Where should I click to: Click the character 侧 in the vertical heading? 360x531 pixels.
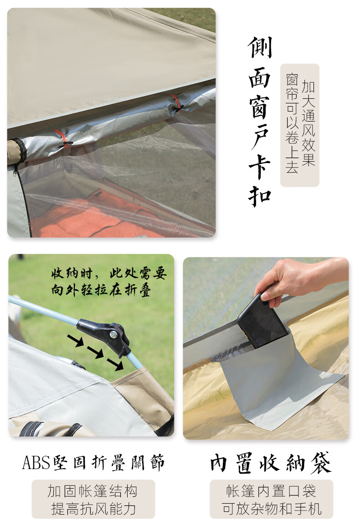260,47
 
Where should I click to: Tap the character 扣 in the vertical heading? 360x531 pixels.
260,195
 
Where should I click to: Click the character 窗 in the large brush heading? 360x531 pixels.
260,107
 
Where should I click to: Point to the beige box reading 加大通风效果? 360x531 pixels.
300,125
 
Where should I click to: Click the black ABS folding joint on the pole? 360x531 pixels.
106,335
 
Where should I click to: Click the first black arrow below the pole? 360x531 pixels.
75,340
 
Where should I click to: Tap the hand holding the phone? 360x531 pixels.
298,278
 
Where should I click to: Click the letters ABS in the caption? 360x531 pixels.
36,463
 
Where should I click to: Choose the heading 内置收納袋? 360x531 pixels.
271,463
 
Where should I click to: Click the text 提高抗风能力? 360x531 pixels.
93,509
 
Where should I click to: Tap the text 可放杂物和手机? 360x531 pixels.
272,509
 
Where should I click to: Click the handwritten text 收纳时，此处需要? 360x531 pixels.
109,273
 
